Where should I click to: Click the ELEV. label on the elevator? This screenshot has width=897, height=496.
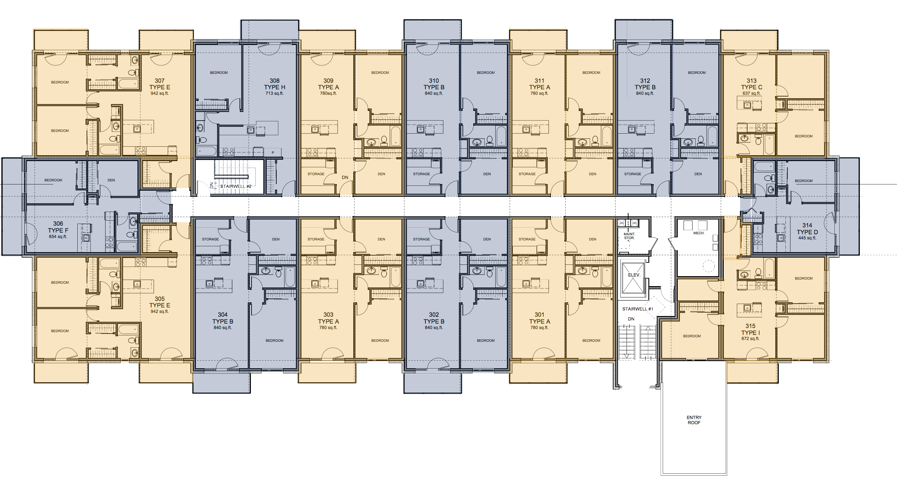click(x=634, y=275)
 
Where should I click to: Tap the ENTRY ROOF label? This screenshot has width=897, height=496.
click(x=694, y=420)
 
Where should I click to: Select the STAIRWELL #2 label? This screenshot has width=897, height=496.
click(x=235, y=186)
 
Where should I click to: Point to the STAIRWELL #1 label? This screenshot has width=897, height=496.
click(x=638, y=309)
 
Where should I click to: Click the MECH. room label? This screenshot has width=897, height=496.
click(x=699, y=233)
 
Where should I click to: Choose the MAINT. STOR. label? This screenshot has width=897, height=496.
click(x=629, y=236)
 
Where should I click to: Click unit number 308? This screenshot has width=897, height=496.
click(x=274, y=81)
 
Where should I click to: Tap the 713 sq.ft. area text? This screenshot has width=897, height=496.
click(x=274, y=93)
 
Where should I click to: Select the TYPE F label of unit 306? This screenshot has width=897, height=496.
click(x=58, y=230)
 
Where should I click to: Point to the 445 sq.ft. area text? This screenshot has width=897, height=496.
click(x=807, y=238)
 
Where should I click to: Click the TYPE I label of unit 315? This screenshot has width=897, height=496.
click(x=750, y=332)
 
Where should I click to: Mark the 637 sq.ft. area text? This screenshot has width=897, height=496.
click(x=751, y=93)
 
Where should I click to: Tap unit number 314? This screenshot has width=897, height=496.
click(x=807, y=225)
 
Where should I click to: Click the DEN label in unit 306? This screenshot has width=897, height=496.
click(x=111, y=180)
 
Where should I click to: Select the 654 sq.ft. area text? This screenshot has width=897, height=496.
click(x=58, y=237)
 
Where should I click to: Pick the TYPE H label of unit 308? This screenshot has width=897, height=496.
click(x=274, y=87)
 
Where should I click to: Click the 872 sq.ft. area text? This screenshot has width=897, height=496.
click(x=750, y=338)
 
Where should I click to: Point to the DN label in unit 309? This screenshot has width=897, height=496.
click(x=345, y=177)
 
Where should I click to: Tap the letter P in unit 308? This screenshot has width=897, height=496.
click(x=273, y=153)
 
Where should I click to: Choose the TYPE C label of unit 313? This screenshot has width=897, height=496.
click(x=751, y=87)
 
